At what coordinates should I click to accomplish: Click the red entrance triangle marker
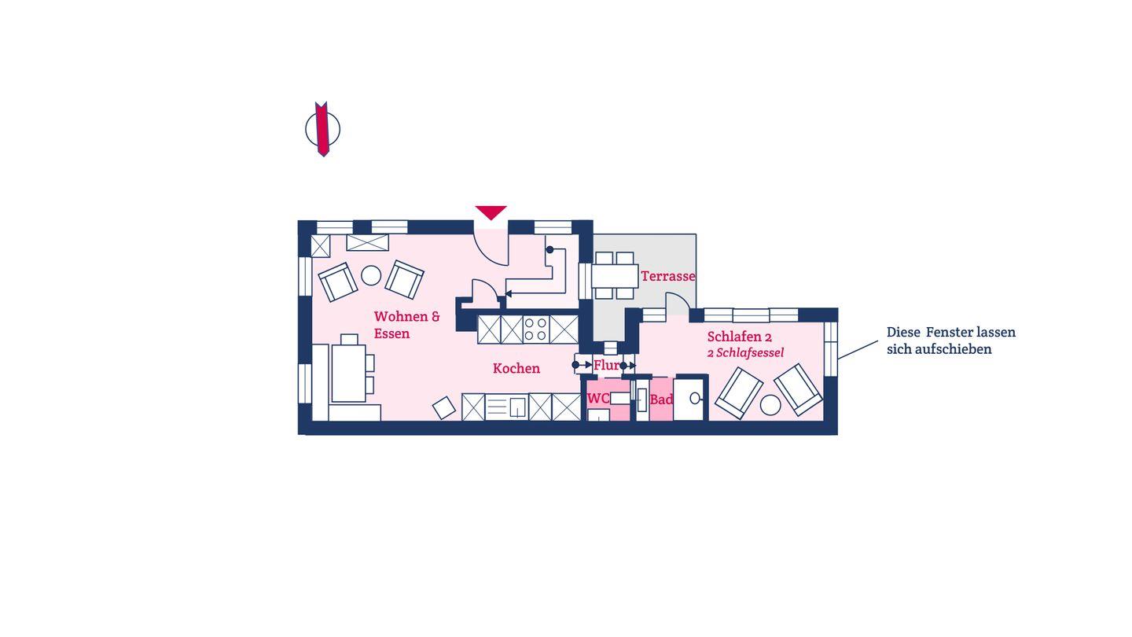(x=491, y=212)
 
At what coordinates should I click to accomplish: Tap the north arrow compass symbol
(x=322, y=129)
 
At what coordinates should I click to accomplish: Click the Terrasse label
(x=668, y=276)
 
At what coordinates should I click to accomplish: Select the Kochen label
(x=516, y=368)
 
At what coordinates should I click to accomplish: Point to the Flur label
(x=606, y=365)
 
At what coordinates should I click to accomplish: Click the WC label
(x=598, y=399)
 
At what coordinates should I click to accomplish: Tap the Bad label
(x=662, y=400)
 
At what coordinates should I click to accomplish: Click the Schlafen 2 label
(x=739, y=337)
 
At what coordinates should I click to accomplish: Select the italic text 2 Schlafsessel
(x=745, y=353)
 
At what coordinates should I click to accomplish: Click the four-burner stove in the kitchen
(x=535, y=329)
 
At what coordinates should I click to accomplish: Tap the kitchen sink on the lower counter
(x=518, y=407)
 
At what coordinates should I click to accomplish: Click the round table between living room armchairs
(x=371, y=275)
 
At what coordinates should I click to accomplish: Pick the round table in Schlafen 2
(x=770, y=405)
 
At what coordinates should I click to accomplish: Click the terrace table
(x=615, y=275)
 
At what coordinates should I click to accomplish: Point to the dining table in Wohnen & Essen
(x=348, y=373)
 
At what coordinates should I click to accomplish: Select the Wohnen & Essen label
(x=407, y=325)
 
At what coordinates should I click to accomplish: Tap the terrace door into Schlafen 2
(x=678, y=304)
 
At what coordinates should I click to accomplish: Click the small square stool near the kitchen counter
(x=443, y=408)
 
